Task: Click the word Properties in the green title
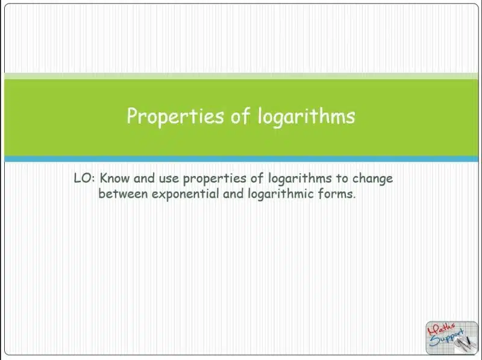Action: tap(175, 116)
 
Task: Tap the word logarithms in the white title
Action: tap(306, 116)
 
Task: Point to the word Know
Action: tap(114, 178)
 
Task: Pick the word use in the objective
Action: tap(169, 178)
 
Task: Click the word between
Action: tap(123, 194)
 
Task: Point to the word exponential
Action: tap(186, 194)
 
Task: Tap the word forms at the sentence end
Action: tap(337, 194)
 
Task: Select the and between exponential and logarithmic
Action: tap(233, 194)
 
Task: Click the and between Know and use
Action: tap(144, 178)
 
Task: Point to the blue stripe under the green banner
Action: tap(242, 159)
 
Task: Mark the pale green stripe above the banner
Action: tap(242, 76)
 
